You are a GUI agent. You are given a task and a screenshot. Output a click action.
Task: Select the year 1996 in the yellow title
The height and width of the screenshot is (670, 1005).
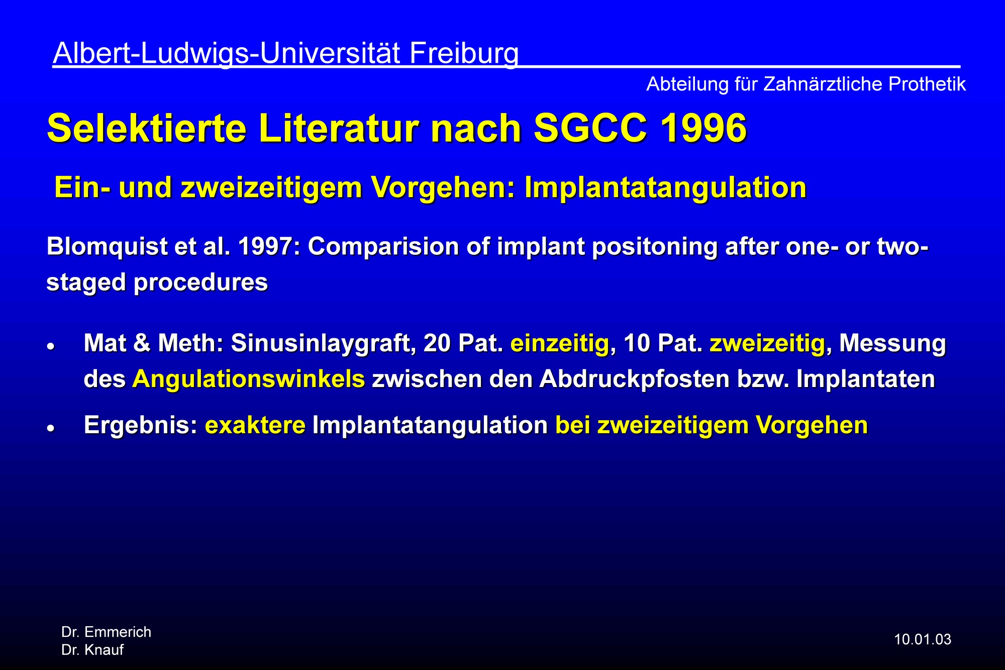pos(703,128)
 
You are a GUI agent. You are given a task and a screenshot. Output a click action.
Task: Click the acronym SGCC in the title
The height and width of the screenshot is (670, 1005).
pos(590,128)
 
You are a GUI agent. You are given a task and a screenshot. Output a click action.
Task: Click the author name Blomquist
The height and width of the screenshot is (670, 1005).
pos(107,247)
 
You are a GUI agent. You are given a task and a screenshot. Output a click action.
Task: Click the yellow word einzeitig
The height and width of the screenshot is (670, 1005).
pos(559,344)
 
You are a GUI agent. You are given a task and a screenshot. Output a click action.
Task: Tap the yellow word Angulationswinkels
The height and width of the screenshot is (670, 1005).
pos(249,379)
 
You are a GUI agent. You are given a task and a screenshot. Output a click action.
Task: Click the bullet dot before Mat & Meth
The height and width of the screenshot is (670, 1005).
pos(50,347)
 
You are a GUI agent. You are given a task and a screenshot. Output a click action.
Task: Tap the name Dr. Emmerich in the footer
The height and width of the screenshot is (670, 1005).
pos(106,632)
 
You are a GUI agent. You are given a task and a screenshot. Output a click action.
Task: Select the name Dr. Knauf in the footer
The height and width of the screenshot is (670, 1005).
pos(92,650)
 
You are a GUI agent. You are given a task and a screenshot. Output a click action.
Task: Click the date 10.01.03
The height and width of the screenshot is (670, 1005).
pos(923,640)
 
